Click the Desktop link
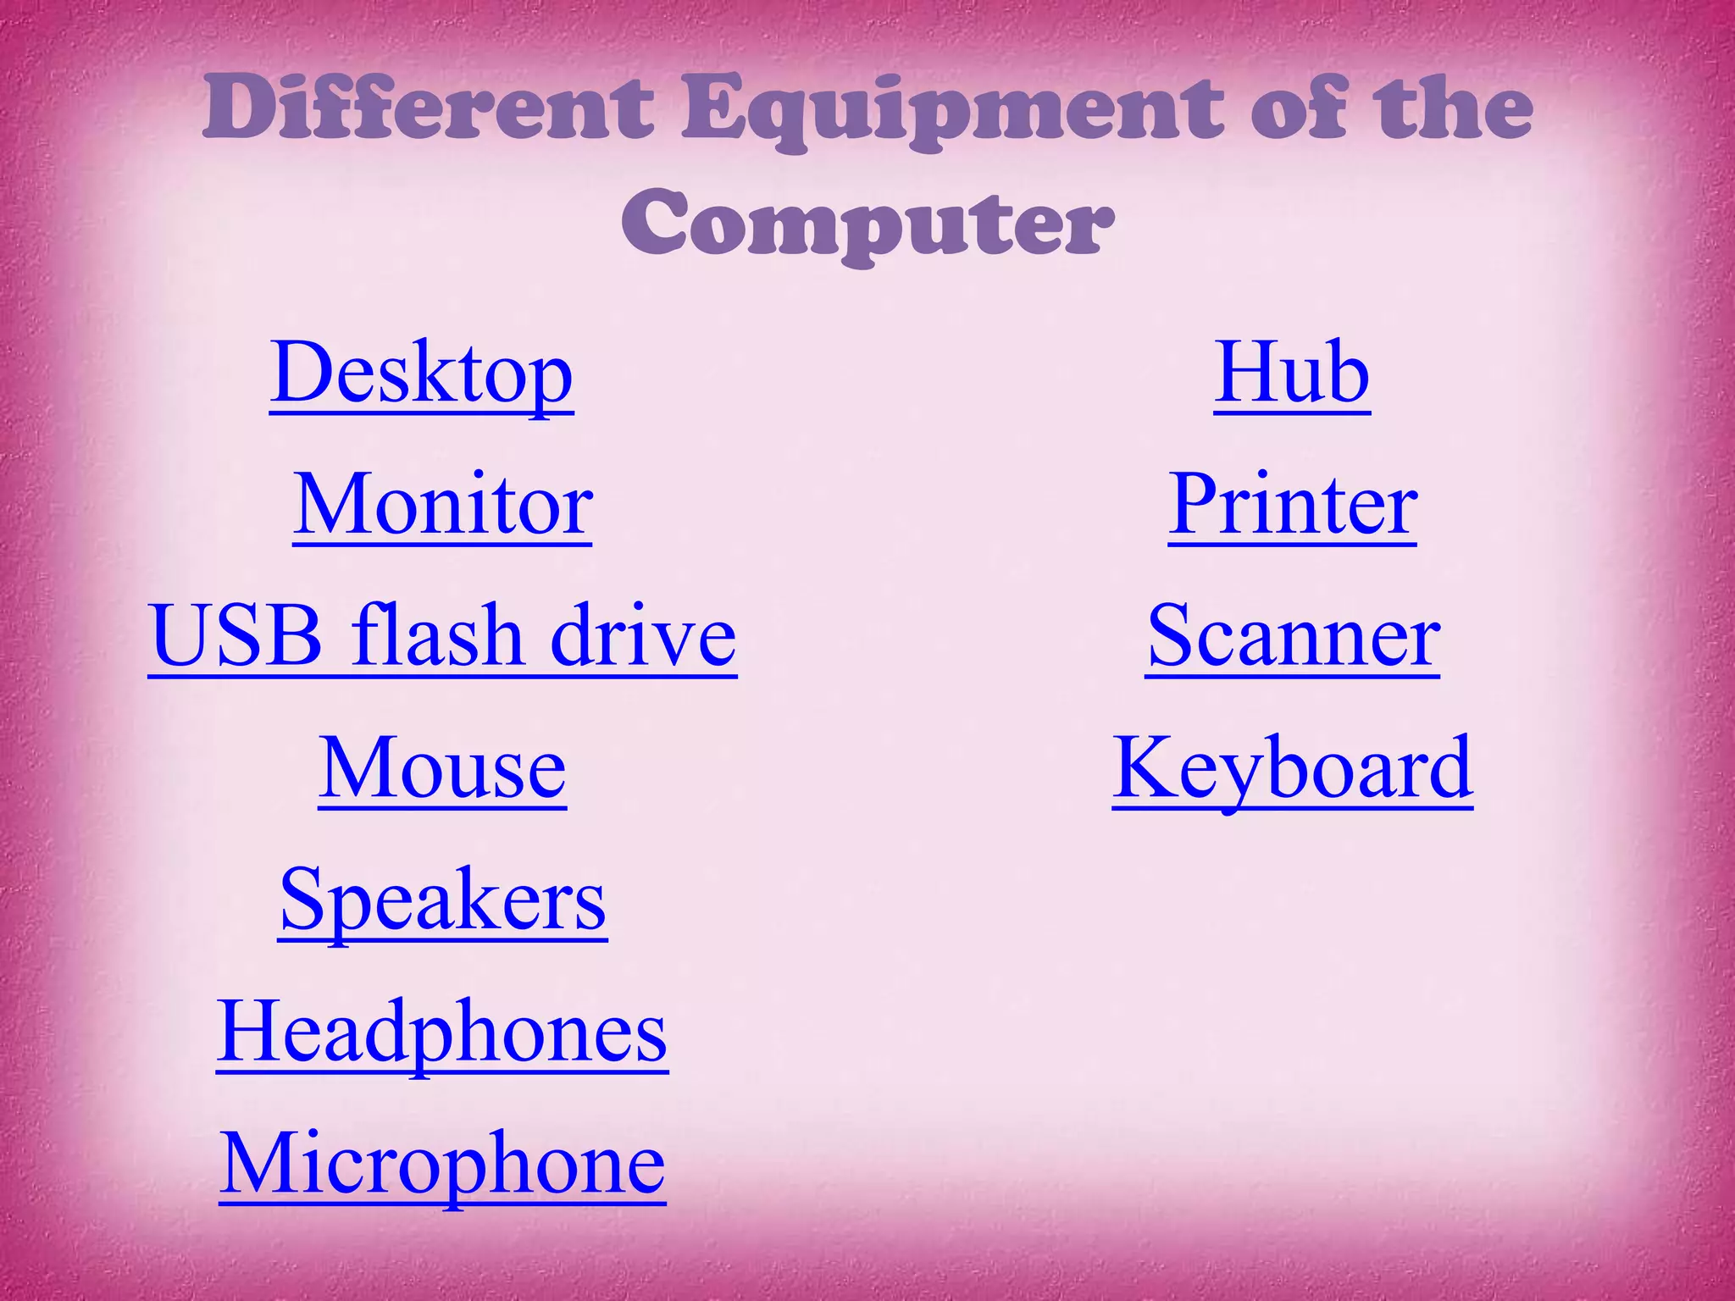[x=421, y=374]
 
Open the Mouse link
[x=442, y=768]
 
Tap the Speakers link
[x=442, y=900]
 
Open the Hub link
[x=1292, y=374]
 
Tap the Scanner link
[x=1293, y=636]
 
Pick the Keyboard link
[x=1293, y=768]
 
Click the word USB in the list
[x=236, y=636]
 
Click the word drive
[x=643, y=636]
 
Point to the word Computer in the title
[x=867, y=225]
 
